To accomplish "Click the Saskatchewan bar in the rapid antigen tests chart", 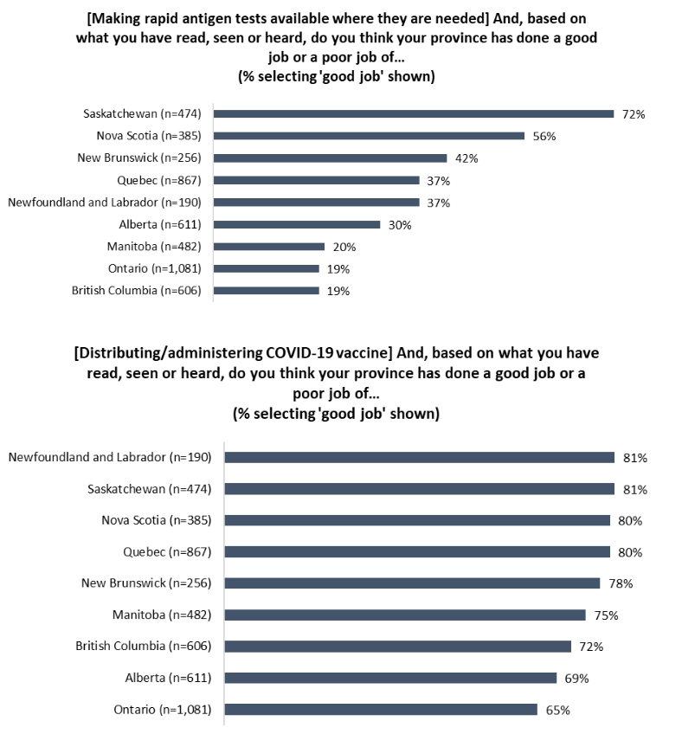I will tap(413, 113).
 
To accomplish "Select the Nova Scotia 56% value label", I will tap(543, 136).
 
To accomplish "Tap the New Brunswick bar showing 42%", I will tap(330, 158).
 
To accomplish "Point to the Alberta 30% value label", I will tap(399, 225).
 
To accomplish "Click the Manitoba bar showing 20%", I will tap(268, 247).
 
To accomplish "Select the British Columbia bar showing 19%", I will tap(266, 291).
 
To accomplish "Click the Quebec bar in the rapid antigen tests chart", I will tap(316, 180).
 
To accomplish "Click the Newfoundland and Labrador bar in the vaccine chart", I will tap(419, 457).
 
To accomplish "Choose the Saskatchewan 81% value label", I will tap(634, 489).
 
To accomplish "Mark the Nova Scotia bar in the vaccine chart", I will tap(417, 520).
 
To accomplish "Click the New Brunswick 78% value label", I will tap(620, 583).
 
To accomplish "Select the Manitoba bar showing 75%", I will tap(405, 615).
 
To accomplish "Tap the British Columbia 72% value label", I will tap(591, 647).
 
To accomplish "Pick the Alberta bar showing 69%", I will tap(390, 678).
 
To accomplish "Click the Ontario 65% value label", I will tap(557, 710).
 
